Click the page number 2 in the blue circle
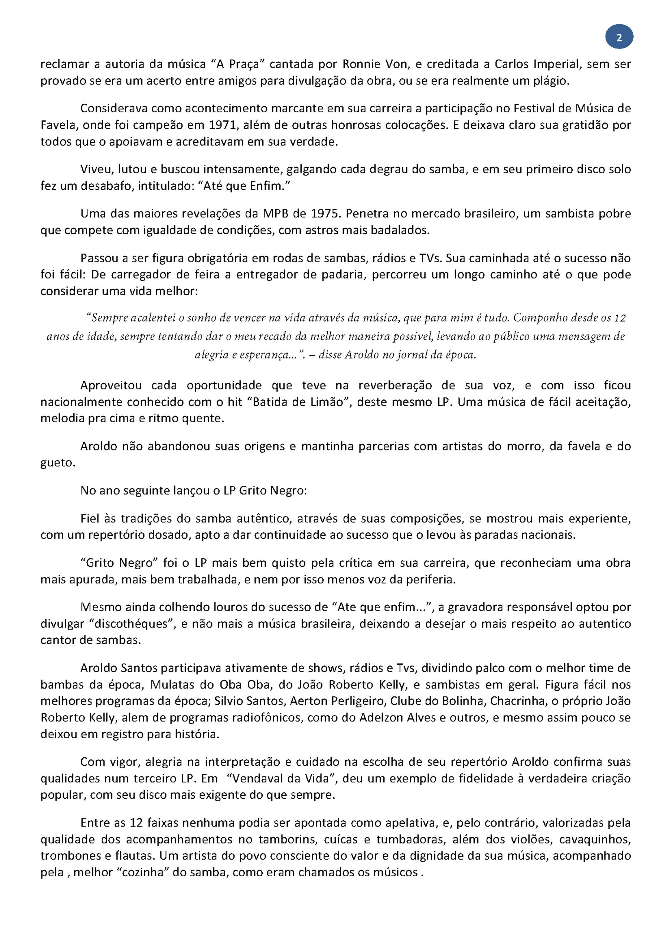[x=619, y=38]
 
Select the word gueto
[x=57, y=463]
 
